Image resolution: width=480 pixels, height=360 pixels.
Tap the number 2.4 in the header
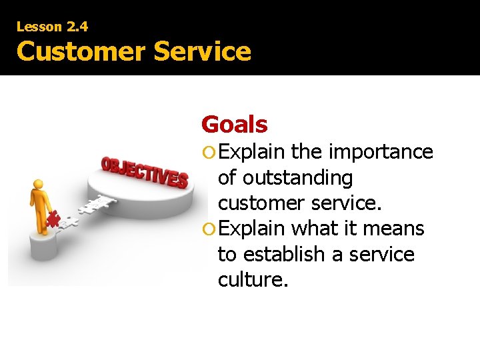point(77,27)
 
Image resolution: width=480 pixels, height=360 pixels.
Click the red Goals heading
point(234,124)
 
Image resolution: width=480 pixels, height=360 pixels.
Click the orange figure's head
point(38,184)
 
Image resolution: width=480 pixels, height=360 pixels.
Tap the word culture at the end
point(253,280)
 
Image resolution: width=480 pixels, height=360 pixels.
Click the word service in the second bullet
point(382,254)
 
